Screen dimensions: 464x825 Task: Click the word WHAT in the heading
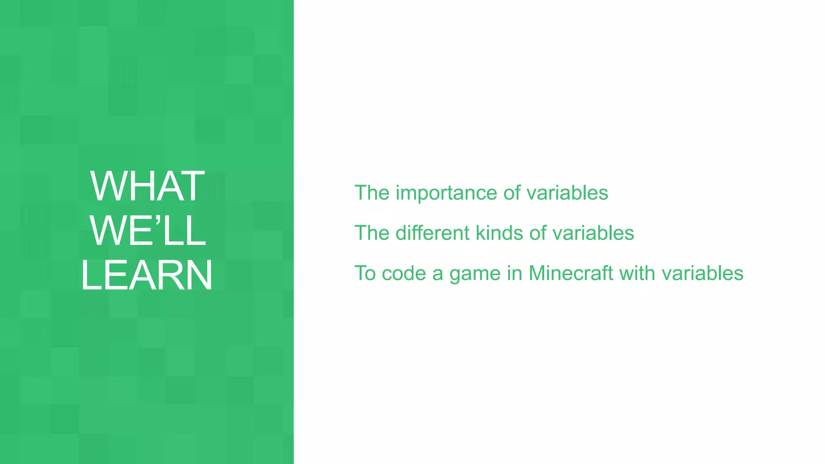[147, 186]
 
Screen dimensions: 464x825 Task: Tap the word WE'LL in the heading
[147, 231]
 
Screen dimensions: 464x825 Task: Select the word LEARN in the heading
[147, 275]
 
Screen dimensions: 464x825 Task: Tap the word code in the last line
[404, 273]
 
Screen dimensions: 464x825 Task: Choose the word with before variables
[637, 273]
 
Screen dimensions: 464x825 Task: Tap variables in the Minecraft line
[703, 273]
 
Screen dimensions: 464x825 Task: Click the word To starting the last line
[365, 273]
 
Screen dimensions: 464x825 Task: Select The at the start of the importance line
[372, 193]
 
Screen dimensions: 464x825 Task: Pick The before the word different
[372, 233]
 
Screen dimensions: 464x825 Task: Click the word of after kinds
[537, 233]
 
